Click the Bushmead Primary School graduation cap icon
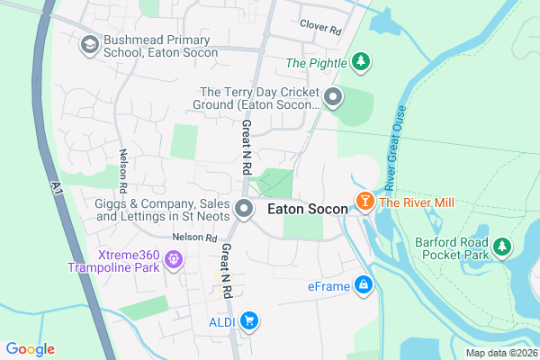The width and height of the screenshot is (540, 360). click(x=89, y=45)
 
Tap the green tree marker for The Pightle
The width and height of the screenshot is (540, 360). click(x=360, y=62)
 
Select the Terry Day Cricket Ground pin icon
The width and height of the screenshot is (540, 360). click(x=334, y=97)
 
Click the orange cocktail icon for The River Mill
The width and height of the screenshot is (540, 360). click(x=365, y=202)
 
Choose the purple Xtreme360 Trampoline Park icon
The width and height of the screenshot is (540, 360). click(x=173, y=262)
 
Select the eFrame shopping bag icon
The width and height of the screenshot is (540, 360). click(x=363, y=285)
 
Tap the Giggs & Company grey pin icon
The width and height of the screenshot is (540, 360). click(x=244, y=210)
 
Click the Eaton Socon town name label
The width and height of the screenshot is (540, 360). click(x=307, y=210)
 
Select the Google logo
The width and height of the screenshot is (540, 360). click(x=30, y=349)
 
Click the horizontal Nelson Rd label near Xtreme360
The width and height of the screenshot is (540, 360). click(x=195, y=238)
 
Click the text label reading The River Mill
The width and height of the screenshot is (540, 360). click(x=414, y=202)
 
